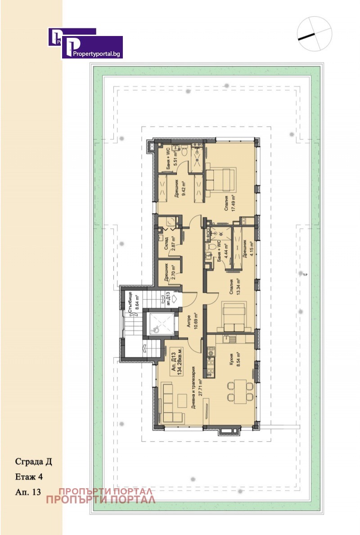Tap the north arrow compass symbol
pos(314,34)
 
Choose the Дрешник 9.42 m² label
pos(180,191)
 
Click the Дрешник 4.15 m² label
pos(248,247)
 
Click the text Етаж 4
pos(30,477)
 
